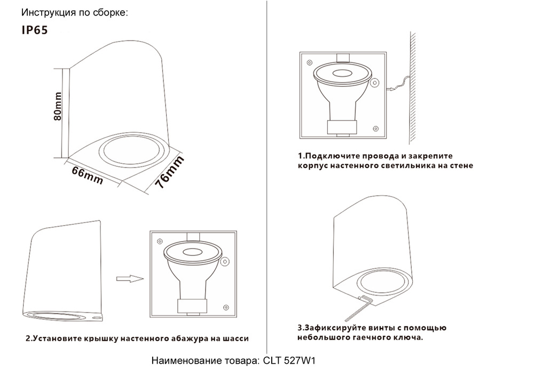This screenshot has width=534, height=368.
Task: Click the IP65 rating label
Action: [35, 30]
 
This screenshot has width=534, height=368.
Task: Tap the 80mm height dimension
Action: [58, 107]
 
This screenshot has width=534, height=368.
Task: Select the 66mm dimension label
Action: [87, 174]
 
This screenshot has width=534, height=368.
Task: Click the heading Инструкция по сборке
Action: [75, 12]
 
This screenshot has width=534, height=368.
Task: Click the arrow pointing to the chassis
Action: [129, 278]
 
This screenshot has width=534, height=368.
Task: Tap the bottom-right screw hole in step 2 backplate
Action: [226, 308]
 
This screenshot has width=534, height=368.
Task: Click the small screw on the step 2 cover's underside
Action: [97, 317]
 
